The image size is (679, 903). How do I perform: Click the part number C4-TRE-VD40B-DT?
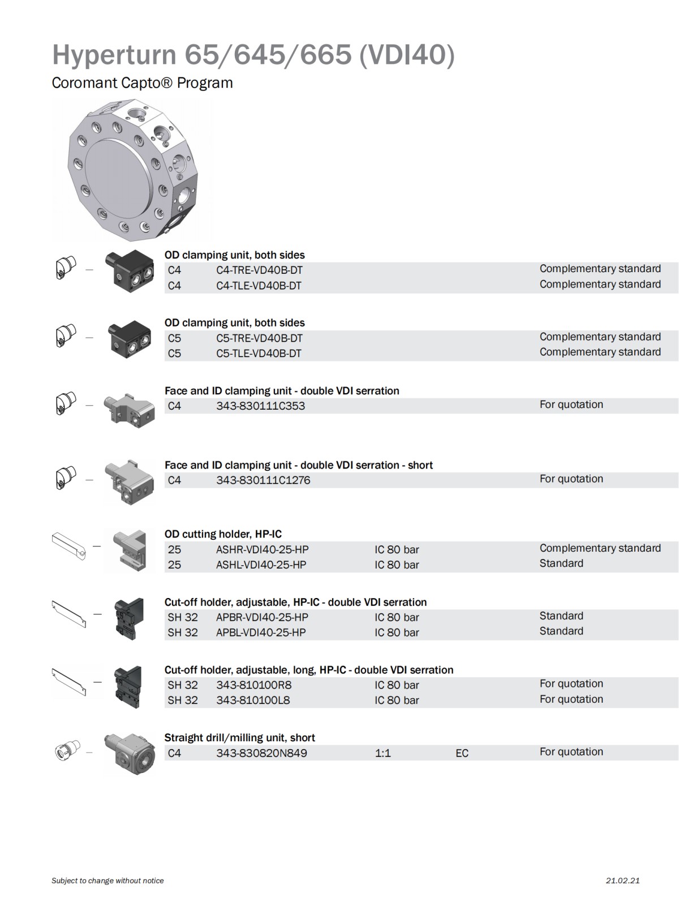(x=259, y=270)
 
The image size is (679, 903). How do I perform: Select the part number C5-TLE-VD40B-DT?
(x=259, y=354)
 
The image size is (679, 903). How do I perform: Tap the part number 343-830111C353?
(x=260, y=406)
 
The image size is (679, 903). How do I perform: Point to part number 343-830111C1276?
(x=263, y=480)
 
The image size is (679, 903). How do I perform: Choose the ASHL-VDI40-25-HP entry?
(x=261, y=565)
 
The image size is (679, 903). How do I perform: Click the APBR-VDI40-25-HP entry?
(x=262, y=617)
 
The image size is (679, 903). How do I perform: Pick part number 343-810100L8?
(x=253, y=700)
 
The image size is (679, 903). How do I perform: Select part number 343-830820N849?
(x=261, y=753)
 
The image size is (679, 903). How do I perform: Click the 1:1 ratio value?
(x=383, y=753)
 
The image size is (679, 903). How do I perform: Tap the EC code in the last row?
(x=462, y=753)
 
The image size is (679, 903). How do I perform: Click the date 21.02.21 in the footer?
(x=622, y=880)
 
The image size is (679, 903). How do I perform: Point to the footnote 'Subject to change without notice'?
(x=108, y=880)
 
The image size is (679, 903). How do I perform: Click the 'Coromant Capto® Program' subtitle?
(x=142, y=83)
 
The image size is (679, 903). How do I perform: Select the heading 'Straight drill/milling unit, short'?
(x=239, y=738)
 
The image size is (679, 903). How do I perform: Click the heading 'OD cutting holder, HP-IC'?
(x=223, y=534)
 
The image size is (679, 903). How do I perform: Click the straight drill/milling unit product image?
(x=130, y=753)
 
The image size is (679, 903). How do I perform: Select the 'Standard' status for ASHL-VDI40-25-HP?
(x=561, y=564)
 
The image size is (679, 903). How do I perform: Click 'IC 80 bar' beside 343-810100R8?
(x=397, y=685)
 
